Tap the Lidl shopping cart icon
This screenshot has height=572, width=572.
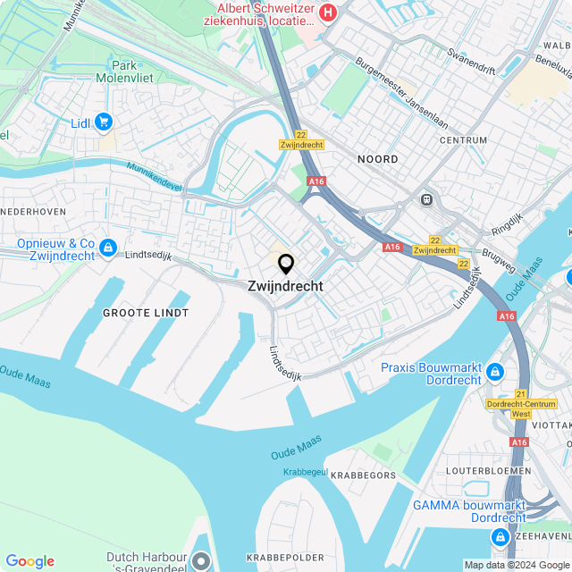click(x=105, y=122)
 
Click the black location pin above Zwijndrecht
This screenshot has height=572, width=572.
click(x=286, y=265)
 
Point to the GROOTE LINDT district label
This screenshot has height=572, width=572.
click(x=146, y=313)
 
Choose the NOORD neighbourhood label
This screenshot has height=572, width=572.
click(x=377, y=159)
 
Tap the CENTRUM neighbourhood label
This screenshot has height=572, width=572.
click(x=463, y=140)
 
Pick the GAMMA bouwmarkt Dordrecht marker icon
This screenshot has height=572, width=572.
click(x=500, y=537)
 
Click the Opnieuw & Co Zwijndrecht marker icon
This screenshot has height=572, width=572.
click(x=108, y=247)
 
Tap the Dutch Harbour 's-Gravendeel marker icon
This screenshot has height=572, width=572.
click(x=201, y=561)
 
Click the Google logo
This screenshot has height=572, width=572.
click(x=30, y=561)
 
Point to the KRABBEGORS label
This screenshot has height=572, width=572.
click(x=363, y=475)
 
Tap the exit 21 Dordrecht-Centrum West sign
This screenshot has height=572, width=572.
click(x=521, y=404)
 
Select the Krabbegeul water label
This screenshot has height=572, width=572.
click(x=305, y=471)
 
